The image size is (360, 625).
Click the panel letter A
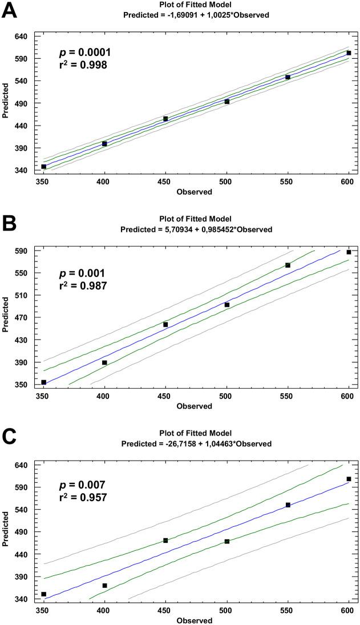pos(11,11)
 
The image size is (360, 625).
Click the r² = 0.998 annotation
pos(83,66)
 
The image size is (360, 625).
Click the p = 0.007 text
pos(82,485)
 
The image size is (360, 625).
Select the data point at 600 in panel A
pos(349,53)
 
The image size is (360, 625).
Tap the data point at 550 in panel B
pos(288,265)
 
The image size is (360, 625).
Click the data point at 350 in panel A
pos(43,167)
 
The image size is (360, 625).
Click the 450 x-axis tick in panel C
pos(165,612)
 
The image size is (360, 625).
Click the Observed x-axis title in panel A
pos(196,192)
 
